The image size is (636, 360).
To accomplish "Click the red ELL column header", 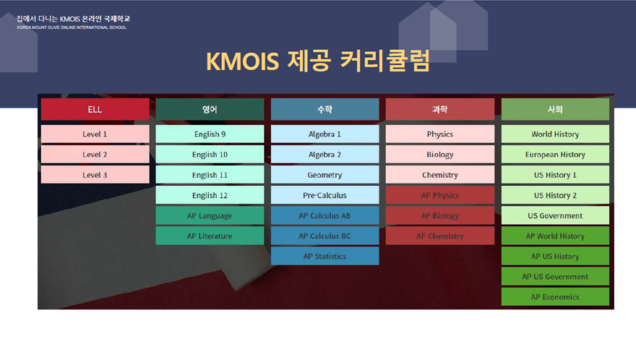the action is [x=95, y=109].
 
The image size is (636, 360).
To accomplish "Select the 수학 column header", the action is [x=325, y=109].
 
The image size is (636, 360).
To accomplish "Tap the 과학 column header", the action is [x=440, y=109].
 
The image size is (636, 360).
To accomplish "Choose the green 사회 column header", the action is [x=555, y=109].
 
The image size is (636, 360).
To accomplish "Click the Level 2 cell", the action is [x=95, y=154].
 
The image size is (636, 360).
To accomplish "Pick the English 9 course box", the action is [x=210, y=134].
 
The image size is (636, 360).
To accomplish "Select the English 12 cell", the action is [x=210, y=195].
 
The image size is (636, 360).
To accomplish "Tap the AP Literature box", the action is [x=210, y=236].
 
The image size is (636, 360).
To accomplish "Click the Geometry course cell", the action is [x=325, y=174].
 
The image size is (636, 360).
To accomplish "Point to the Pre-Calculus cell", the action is [x=325, y=195].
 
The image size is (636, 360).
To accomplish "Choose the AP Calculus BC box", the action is [x=325, y=236].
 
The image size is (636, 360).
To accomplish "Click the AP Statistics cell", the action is [x=325, y=256].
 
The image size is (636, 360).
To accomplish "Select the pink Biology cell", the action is [x=440, y=154].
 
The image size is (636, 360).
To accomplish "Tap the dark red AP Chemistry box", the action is [x=440, y=236].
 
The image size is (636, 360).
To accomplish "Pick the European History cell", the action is [x=555, y=154].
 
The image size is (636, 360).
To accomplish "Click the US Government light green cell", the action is [x=555, y=215].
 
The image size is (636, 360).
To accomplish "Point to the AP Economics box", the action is [x=555, y=296].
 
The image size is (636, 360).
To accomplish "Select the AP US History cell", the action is [x=555, y=256].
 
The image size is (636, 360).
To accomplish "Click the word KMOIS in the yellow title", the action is [x=243, y=61].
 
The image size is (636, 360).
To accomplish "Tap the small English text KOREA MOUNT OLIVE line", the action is [x=72, y=27].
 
